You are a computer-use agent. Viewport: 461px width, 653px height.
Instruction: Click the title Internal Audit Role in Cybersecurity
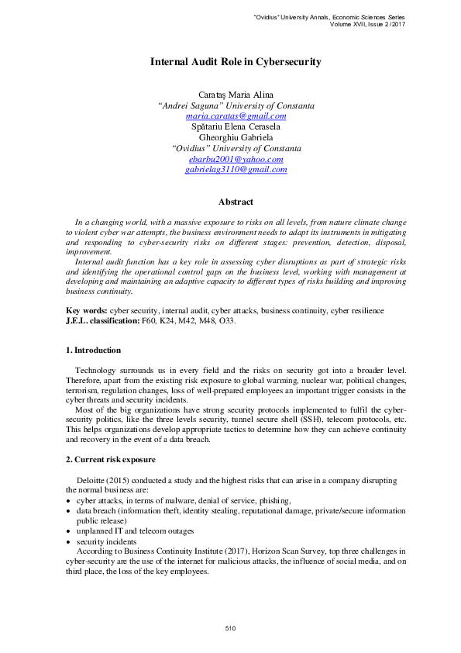(x=236, y=61)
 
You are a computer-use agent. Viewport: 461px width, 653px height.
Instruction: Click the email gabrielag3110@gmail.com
(x=236, y=169)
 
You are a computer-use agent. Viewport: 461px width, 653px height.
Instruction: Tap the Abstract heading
(x=236, y=202)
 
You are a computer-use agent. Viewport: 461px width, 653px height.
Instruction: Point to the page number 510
(x=230, y=627)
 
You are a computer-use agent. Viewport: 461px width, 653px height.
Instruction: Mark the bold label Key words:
(x=87, y=310)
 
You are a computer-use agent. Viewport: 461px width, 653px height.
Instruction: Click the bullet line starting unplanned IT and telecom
(x=135, y=531)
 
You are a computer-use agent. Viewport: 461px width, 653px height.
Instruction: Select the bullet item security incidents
(x=106, y=541)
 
